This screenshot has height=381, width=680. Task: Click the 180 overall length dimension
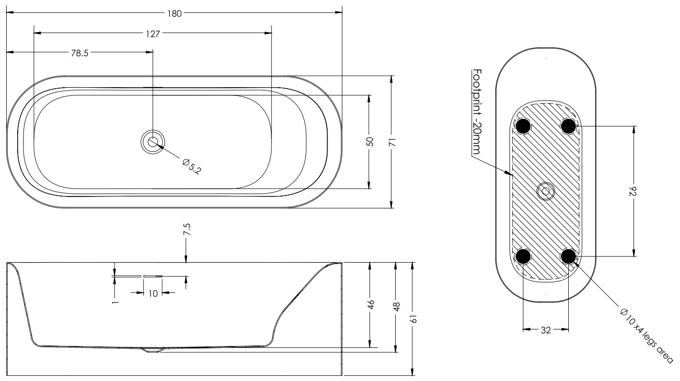click(x=174, y=13)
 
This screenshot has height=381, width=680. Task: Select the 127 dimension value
click(x=152, y=34)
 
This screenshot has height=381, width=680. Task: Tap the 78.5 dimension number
click(x=80, y=53)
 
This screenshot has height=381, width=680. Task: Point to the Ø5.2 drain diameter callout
click(x=191, y=166)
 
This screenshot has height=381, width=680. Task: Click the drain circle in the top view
click(x=152, y=142)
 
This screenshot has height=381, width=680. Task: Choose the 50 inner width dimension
click(x=370, y=142)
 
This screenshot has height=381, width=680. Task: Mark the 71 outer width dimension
click(x=393, y=142)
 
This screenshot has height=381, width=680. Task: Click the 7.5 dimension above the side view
click(x=187, y=230)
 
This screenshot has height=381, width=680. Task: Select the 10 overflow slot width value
click(x=153, y=293)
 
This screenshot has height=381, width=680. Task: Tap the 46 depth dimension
click(x=371, y=304)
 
